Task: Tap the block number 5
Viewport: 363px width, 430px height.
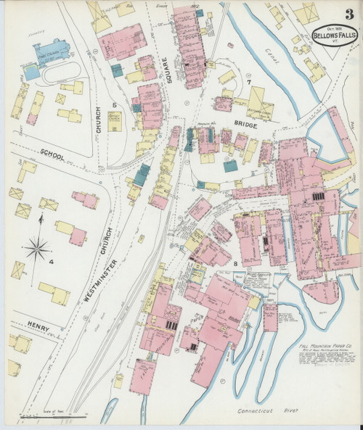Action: (x=114, y=105)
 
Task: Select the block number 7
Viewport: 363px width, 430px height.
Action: (x=248, y=83)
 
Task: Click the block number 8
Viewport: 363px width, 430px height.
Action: (x=236, y=262)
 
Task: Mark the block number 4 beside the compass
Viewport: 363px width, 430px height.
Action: (x=52, y=262)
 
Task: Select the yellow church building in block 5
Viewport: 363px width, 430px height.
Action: (x=115, y=120)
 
